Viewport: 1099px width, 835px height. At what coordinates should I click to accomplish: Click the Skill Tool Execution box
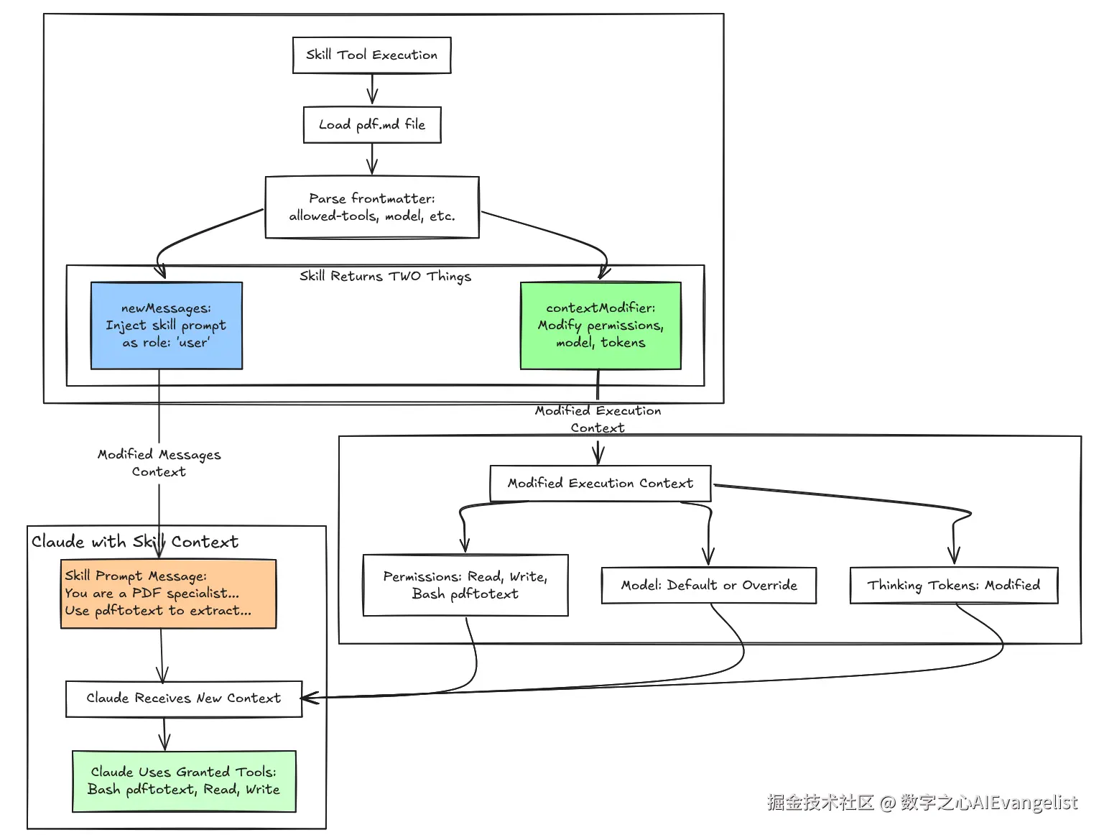coord(371,55)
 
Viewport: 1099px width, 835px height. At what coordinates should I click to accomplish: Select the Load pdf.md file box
coord(371,125)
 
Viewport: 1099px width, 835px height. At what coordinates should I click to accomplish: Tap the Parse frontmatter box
coord(371,207)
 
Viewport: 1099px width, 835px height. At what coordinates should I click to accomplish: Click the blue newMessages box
coord(166,326)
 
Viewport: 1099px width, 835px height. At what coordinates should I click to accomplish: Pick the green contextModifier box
coord(600,326)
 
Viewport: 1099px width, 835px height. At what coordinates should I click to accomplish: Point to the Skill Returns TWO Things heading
coord(385,277)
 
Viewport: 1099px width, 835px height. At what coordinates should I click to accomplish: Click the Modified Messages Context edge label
coord(159,463)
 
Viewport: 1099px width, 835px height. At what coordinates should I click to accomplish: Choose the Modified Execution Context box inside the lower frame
coord(600,484)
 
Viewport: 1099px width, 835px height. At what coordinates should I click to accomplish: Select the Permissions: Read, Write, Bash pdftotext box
coord(465,585)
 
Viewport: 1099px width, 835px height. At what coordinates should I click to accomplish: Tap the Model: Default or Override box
coord(708,585)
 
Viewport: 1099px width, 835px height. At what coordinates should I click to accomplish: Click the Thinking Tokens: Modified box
coord(953,585)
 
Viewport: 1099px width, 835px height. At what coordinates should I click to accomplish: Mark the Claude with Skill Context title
coord(134,542)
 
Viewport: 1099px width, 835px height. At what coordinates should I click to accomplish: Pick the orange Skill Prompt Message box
coord(168,594)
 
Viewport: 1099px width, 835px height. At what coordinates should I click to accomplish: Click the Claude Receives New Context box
coord(183,698)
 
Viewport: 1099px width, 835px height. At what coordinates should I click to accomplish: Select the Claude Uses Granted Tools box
coord(183,781)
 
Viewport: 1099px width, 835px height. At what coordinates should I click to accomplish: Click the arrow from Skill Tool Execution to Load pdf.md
coord(371,90)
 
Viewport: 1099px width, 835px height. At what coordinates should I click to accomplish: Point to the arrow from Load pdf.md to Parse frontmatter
coord(371,159)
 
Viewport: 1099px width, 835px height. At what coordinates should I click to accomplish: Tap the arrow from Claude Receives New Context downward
coord(164,734)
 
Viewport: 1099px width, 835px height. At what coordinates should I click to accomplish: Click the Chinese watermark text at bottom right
coord(922,803)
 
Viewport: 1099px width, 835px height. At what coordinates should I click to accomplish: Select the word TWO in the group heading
coord(404,277)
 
